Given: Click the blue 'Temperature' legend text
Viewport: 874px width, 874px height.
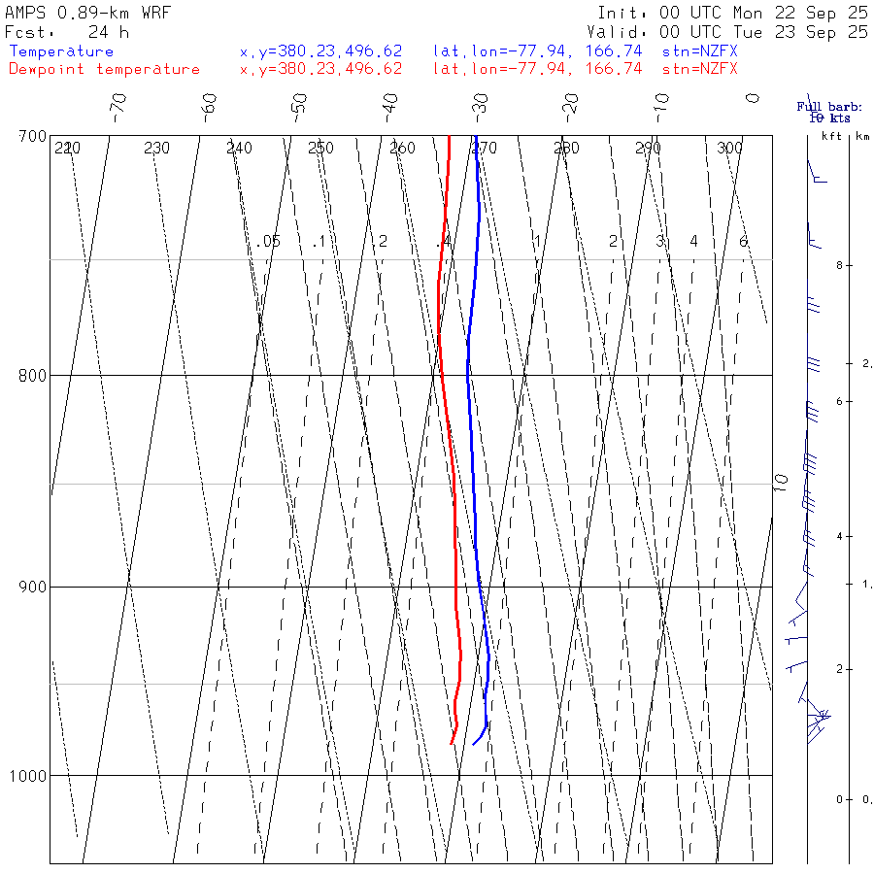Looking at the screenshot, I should click(61, 51).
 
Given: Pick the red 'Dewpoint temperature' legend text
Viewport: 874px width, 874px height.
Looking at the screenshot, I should click(104, 69).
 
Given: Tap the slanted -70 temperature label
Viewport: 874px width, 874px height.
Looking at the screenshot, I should click(118, 104).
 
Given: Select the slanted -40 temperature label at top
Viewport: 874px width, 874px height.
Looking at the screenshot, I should click(390, 104).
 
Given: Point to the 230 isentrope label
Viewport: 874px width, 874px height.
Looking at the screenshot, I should click(156, 149).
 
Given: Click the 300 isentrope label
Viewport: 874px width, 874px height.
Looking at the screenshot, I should click(729, 149).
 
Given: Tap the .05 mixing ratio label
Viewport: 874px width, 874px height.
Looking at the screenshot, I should click(270, 241).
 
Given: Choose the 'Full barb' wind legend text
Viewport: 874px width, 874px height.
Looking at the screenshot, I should click(824, 107).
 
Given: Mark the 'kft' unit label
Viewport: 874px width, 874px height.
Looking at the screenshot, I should click(831, 136).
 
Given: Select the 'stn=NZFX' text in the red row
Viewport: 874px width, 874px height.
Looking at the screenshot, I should click(699, 69).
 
